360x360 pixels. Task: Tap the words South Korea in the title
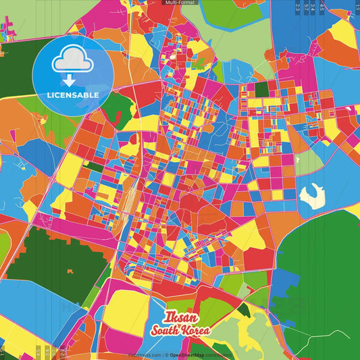(181, 331)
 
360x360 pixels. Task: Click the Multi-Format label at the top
(180, 3)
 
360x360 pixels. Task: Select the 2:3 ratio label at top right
(298, 7)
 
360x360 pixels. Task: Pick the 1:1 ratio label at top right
(357, 7)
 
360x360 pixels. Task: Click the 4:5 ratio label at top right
(322, 7)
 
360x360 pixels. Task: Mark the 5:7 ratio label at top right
(307, 7)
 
